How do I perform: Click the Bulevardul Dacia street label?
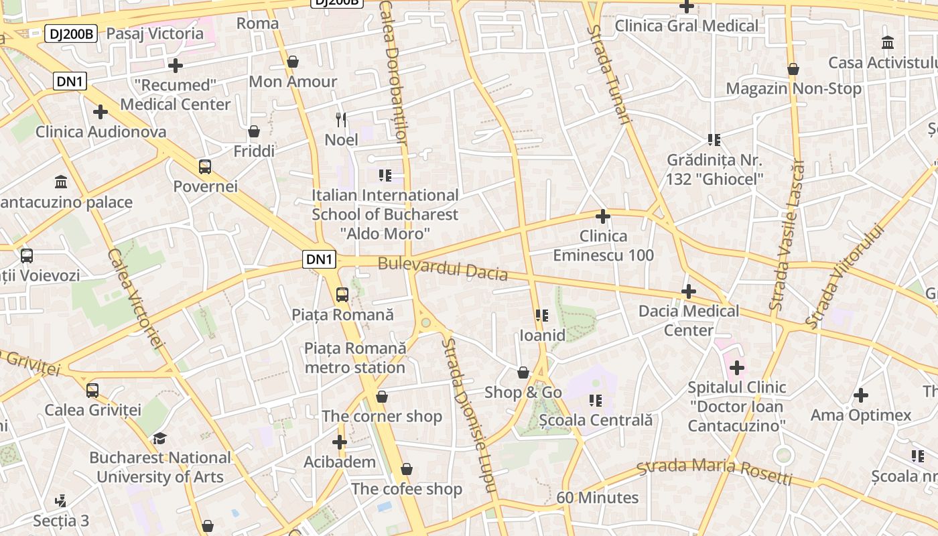tap(442, 269)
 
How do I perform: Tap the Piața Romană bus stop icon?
tap(342, 294)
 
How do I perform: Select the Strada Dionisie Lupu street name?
tap(470, 415)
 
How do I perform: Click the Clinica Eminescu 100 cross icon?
tap(603, 216)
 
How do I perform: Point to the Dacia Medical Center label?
tap(689, 320)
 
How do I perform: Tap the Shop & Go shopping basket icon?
tap(523, 373)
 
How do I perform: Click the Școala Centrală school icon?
tap(595, 401)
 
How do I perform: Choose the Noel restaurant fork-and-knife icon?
tap(342, 120)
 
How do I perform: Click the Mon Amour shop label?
tap(293, 82)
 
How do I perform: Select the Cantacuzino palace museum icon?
tap(61, 182)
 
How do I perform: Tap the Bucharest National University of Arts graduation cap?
tap(159, 438)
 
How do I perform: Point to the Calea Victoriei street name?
tap(136, 299)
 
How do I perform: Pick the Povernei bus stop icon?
tap(205, 166)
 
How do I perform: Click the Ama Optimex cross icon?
tap(861, 395)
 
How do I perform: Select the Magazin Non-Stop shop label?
tap(794, 88)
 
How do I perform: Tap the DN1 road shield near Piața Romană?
tap(319, 259)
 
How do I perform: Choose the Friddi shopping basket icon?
tap(254, 131)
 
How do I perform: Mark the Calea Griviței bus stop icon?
tap(92, 390)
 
